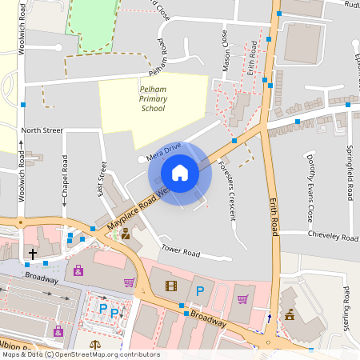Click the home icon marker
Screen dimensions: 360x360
point(180,173)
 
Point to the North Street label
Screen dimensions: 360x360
point(42,130)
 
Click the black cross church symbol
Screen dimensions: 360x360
point(33,254)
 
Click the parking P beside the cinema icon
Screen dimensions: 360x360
point(200,290)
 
